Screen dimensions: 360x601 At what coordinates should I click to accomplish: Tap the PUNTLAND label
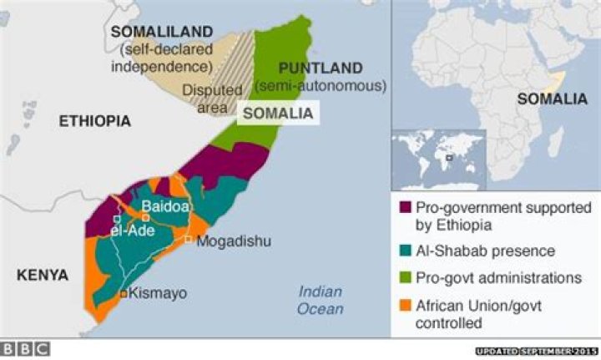321,68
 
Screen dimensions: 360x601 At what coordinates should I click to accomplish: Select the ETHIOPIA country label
94,121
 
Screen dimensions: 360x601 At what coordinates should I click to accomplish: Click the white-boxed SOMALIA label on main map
279,113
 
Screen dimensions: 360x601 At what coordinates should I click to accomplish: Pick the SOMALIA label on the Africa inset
552,99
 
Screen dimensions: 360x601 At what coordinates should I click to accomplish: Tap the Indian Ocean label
321,300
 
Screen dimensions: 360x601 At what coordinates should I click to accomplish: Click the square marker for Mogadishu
189,241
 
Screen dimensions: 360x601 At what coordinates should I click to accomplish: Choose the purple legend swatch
406,207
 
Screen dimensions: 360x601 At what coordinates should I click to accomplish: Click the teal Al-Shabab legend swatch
406,249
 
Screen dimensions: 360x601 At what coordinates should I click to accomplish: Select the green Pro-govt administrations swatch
406,276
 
